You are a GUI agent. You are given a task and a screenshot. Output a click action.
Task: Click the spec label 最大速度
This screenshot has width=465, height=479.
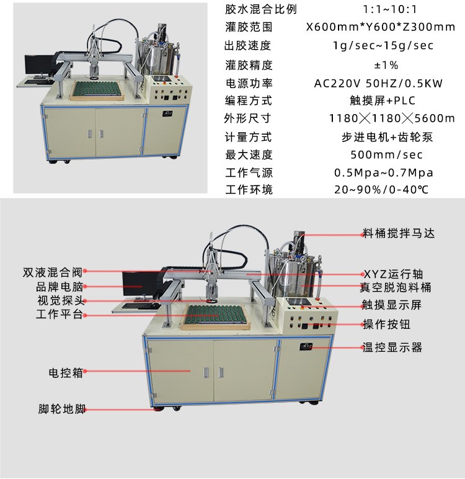249,154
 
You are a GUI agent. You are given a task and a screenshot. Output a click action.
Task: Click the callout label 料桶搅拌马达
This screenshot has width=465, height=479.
399,234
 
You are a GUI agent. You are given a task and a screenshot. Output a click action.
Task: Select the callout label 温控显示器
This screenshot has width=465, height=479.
392,347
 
